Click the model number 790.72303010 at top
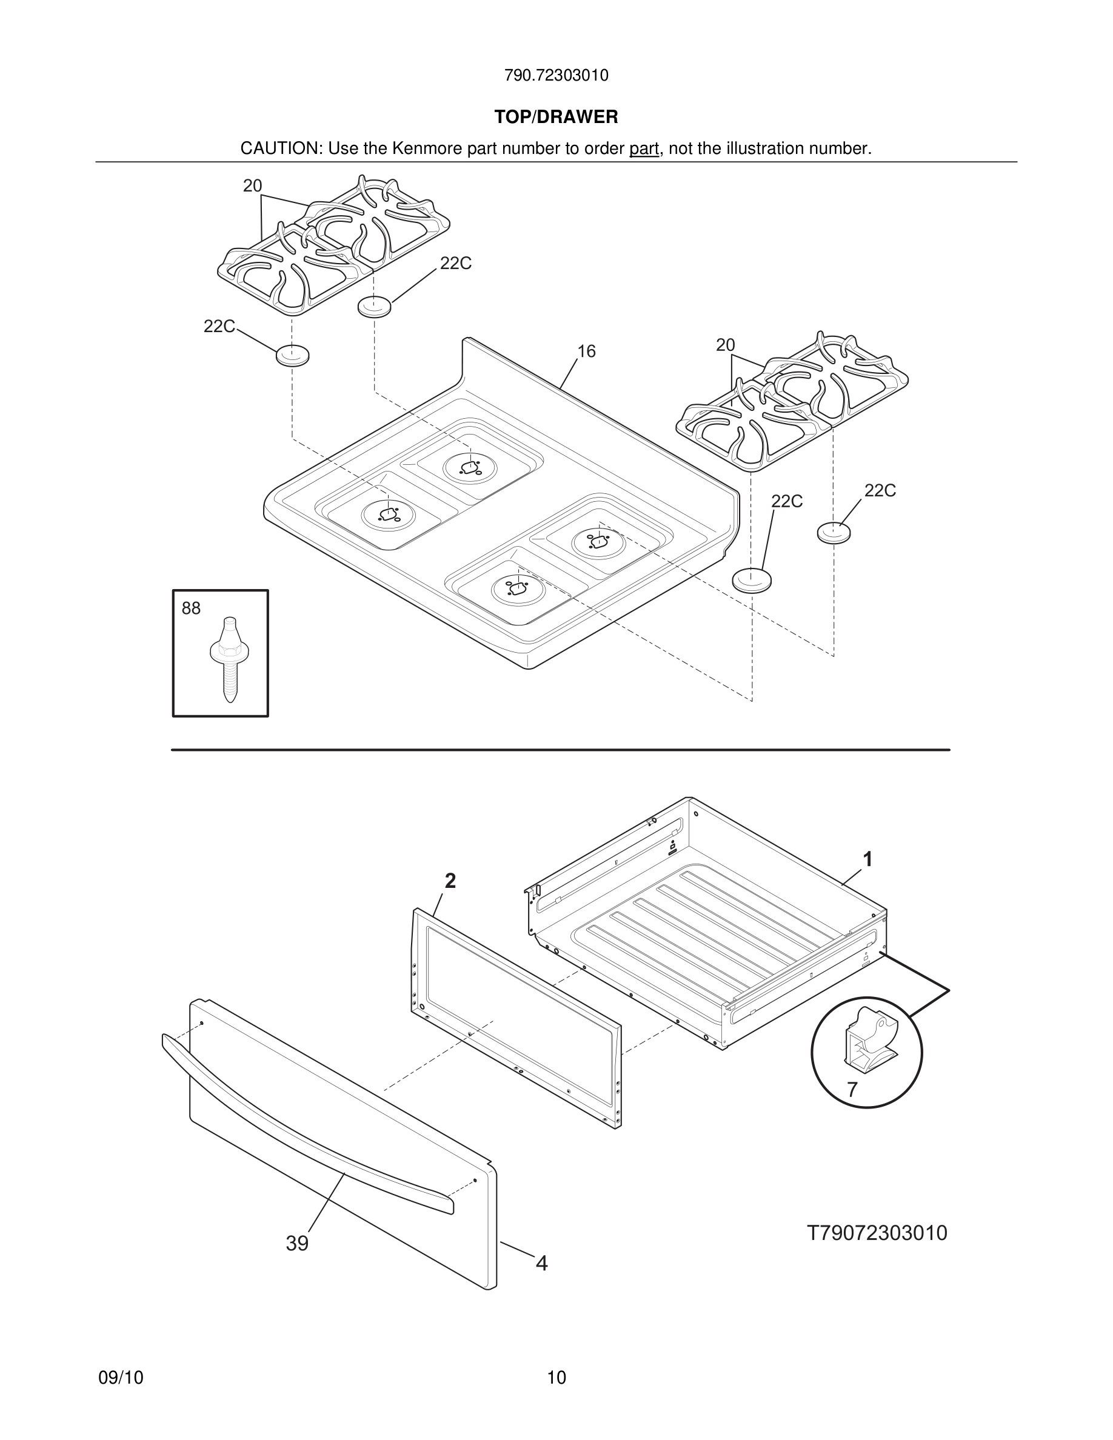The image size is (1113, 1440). pos(556,76)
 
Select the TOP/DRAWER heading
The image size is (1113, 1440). pos(556,118)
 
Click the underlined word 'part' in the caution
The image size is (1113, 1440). pos(644,149)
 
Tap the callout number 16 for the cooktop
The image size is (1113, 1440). pos(586,352)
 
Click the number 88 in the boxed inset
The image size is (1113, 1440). pos(191,608)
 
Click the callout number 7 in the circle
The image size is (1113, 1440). pos(852,1090)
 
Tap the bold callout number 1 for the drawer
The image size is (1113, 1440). pos(867,859)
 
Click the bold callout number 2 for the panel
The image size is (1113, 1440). pos(450,881)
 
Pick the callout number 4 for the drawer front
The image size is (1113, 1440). pos(541,1262)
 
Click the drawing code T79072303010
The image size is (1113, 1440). pos(877,1232)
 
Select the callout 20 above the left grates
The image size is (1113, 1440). pos(253,186)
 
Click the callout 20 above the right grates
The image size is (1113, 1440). pos(725,345)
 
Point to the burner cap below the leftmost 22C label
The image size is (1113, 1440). pos(292,355)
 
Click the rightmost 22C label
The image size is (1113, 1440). pos(880,490)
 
